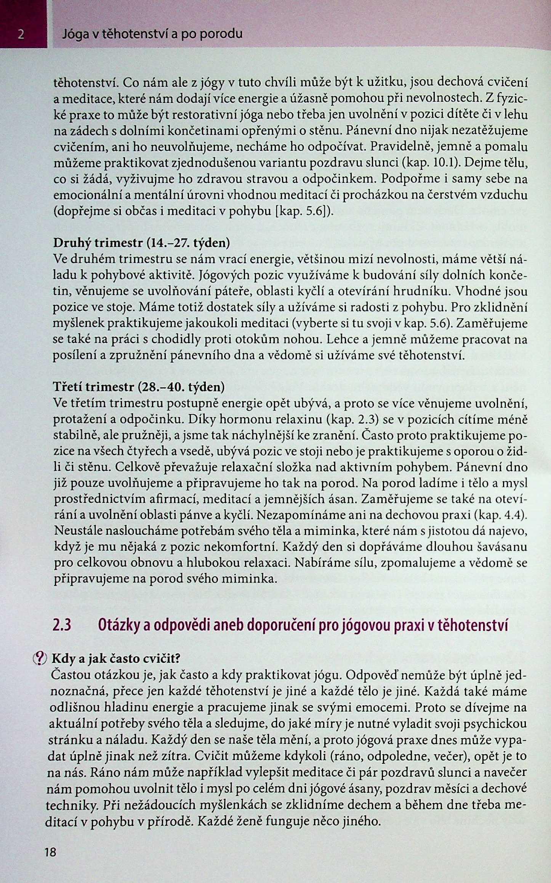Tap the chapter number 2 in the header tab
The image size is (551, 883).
click(21, 35)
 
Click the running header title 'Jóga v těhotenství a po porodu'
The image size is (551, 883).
click(152, 34)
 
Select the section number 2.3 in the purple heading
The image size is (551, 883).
click(62, 626)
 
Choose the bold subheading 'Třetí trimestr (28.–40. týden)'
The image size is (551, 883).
click(139, 387)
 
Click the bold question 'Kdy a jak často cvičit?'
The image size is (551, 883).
click(116, 658)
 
